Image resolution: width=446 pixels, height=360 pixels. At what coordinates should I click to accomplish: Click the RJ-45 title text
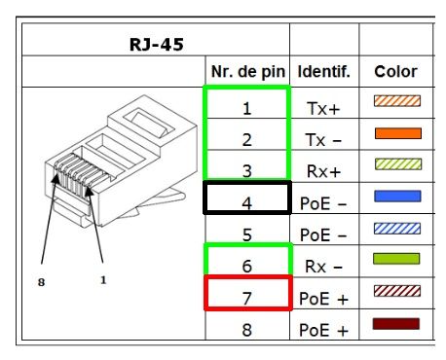(157, 45)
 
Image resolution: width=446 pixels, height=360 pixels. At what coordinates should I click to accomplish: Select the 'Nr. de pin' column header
(248, 72)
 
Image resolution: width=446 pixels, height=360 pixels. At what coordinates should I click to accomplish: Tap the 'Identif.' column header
(324, 72)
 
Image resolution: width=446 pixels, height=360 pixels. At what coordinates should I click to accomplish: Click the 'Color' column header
(395, 72)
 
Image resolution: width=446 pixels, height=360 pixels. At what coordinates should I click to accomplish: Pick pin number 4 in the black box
(247, 203)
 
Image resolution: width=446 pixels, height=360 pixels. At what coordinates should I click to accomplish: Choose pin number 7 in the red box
(247, 299)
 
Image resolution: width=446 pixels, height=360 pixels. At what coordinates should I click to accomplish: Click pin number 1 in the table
(247, 108)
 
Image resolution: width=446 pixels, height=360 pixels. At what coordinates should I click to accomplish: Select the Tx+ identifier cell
(323, 108)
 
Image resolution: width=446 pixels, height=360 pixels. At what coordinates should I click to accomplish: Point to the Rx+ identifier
(323, 171)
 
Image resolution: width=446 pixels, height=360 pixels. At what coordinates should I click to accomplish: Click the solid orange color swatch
(398, 133)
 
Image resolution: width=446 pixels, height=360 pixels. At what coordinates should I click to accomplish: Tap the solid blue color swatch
(397, 197)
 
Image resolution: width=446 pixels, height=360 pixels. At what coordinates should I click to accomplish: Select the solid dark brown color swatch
(396, 324)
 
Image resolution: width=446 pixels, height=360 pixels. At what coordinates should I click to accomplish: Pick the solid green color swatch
(396, 259)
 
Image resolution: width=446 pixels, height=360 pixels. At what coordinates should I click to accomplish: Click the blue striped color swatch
(397, 229)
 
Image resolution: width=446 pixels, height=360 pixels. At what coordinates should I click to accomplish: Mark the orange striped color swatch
(397, 101)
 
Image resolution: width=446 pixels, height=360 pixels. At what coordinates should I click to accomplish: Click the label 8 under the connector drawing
(41, 282)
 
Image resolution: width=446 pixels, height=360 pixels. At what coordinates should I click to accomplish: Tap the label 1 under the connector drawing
(103, 280)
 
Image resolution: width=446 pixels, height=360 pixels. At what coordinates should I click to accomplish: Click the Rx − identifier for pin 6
(323, 267)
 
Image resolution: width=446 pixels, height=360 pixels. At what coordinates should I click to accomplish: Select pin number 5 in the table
(247, 234)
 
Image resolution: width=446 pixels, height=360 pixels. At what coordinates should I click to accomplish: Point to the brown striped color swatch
(397, 291)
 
